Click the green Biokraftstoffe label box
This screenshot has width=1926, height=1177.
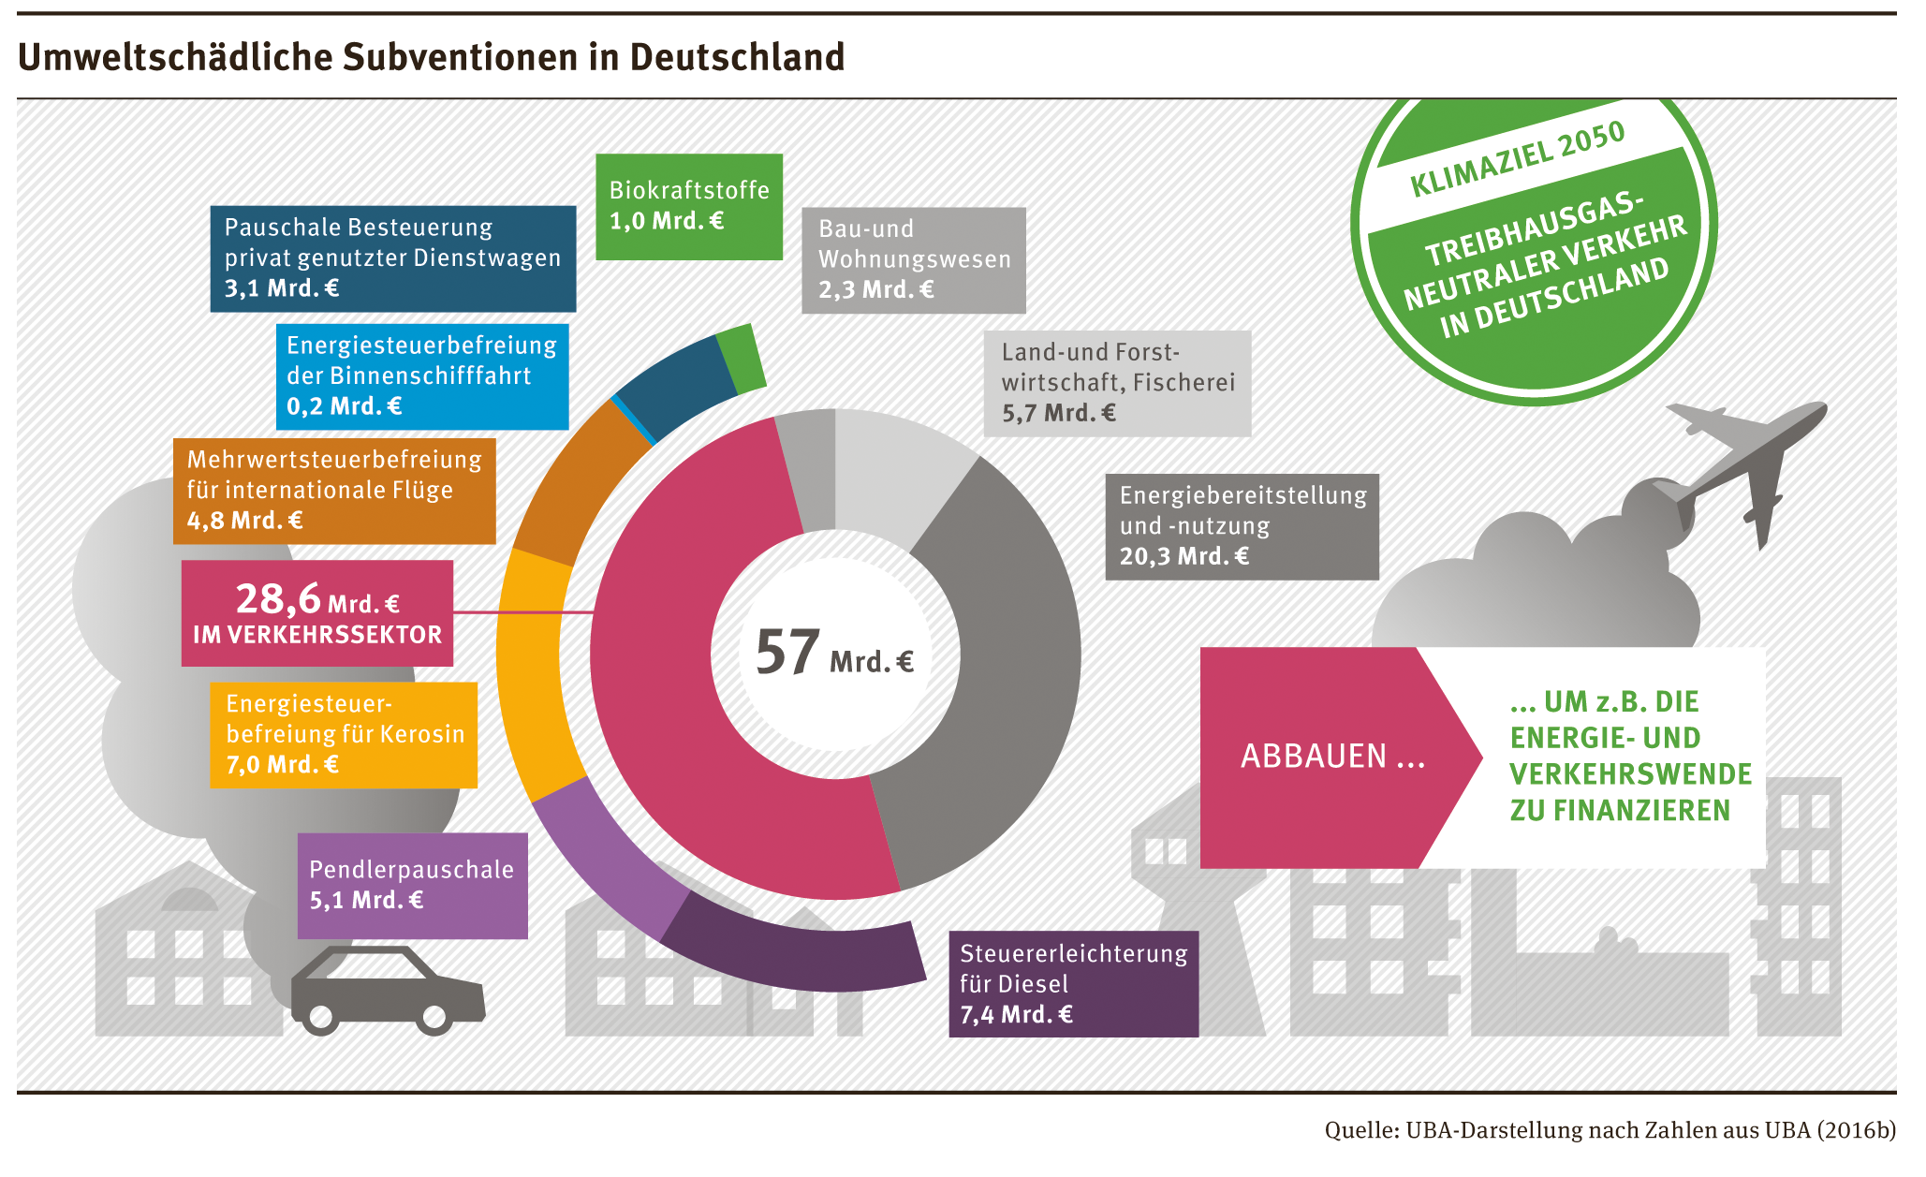click(689, 206)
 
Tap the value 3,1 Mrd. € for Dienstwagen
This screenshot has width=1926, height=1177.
click(282, 287)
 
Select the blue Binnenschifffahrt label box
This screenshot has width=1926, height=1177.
click(422, 376)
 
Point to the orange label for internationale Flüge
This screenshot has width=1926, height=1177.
click(334, 491)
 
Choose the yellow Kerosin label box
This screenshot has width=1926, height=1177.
click(344, 735)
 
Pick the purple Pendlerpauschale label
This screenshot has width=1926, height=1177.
click(412, 886)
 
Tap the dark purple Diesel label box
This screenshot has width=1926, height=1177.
click(1073, 983)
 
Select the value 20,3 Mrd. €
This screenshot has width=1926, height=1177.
click(1184, 556)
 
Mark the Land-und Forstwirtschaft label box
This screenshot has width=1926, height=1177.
click(1117, 383)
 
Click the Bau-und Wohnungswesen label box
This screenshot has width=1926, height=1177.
click(914, 259)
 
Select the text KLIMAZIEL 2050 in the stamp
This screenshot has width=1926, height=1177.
click(1517, 159)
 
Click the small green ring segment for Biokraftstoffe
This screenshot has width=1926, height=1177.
click(742, 359)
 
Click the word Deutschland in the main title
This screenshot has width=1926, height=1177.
click(737, 57)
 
